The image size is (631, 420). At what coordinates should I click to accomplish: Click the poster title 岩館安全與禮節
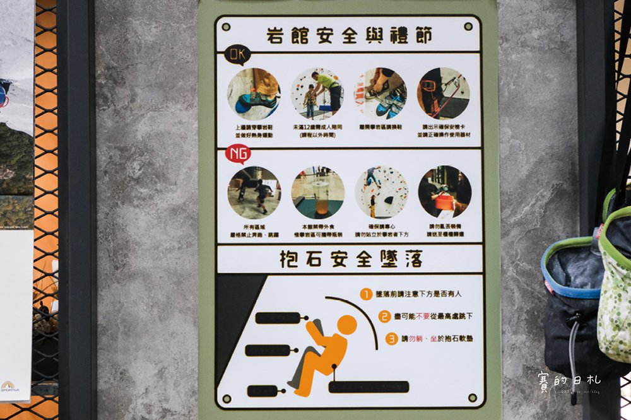349,35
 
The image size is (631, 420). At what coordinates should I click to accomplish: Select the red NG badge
237,153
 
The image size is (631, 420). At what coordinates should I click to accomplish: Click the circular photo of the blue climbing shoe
254,93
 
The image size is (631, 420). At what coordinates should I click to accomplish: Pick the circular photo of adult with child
317,93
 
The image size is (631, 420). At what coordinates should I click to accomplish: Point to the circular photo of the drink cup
317,192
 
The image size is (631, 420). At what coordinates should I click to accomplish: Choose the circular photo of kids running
254,192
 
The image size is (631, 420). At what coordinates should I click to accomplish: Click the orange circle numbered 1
366,294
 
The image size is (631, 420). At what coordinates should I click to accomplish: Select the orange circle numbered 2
384,317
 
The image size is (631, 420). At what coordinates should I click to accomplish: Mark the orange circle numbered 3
392,339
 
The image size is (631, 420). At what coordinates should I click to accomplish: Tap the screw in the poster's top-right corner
468,26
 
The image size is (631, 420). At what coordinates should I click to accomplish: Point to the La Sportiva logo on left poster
9,385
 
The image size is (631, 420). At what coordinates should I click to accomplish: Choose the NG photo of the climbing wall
380,192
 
